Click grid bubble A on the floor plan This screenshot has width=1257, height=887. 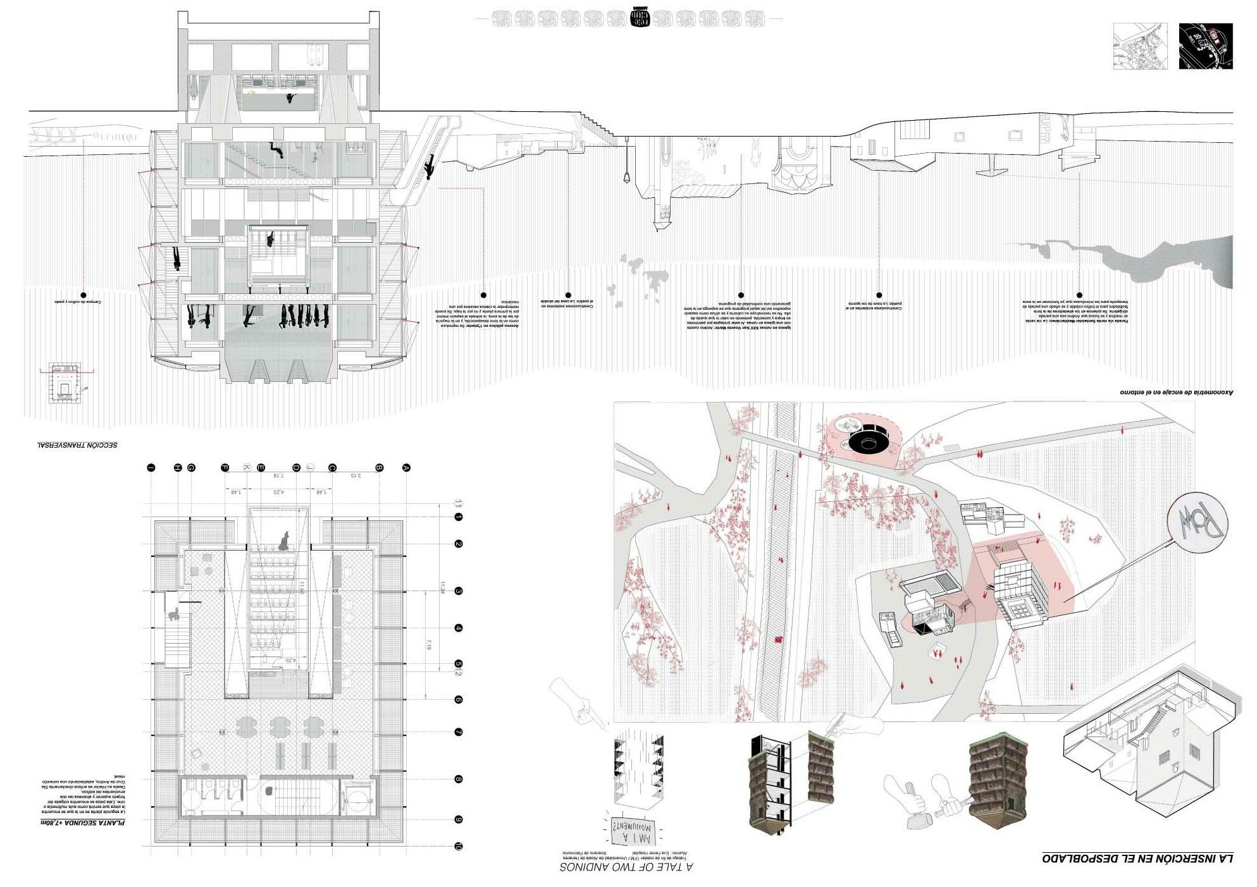click(406, 468)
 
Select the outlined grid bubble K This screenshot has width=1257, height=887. click(247, 468)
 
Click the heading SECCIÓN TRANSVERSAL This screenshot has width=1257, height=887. click(77, 445)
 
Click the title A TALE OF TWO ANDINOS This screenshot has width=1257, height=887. click(626, 867)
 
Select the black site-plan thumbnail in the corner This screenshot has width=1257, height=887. click(1206, 46)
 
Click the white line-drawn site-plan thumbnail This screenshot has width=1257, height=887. click(1140, 46)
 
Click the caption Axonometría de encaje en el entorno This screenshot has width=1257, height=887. click(1177, 393)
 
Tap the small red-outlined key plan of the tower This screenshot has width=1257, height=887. click(65, 383)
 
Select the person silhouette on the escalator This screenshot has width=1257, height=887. click(430, 166)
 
